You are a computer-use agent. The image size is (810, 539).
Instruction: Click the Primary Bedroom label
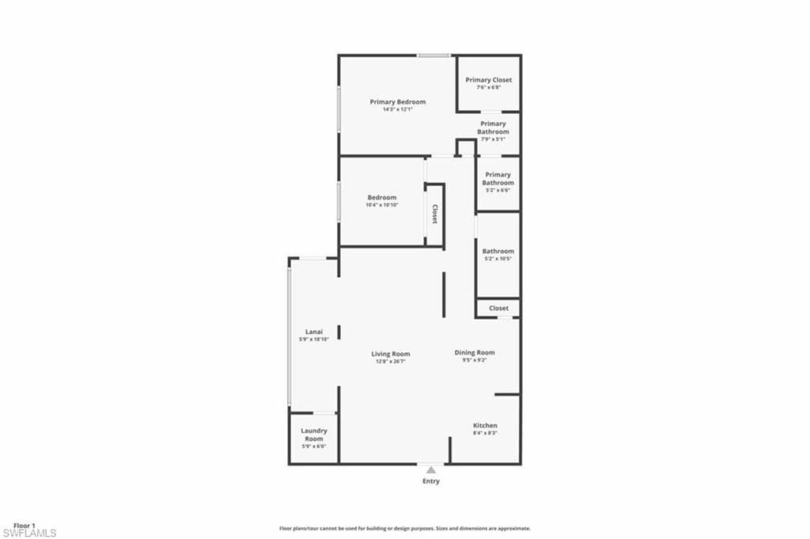pyautogui.click(x=398, y=102)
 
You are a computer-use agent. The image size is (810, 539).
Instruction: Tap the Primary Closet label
pyautogui.click(x=488, y=80)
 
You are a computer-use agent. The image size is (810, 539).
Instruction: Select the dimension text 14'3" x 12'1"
pyautogui.click(x=398, y=109)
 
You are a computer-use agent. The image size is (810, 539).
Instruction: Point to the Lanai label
pyautogui.click(x=314, y=332)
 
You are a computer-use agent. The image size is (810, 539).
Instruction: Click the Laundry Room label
pyautogui.click(x=314, y=435)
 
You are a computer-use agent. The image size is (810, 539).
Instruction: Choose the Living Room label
pyautogui.click(x=391, y=354)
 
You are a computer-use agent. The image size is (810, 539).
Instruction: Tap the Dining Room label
pyautogui.click(x=475, y=352)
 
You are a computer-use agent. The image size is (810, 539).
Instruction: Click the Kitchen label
pyautogui.click(x=485, y=426)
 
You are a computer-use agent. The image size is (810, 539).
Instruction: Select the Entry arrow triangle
pyautogui.click(x=430, y=470)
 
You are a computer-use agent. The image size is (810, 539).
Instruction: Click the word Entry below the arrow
pyautogui.click(x=430, y=481)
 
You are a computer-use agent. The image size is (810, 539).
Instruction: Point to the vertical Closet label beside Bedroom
pyautogui.click(x=434, y=214)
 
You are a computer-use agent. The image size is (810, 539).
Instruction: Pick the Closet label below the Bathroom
pyautogui.click(x=499, y=308)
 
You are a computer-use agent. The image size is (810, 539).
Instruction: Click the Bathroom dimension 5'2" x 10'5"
pyautogui.click(x=498, y=259)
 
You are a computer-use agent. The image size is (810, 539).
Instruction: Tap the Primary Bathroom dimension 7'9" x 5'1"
pyautogui.click(x=493, y=139)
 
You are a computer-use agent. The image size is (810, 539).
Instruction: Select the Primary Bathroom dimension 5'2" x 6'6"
pyautogui.click(x=498, y=190)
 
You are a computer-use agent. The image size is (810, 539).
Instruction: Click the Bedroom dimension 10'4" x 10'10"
pyautogui.click(x=382, y=205)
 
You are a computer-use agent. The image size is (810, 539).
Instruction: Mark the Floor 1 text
pyautogui.click(x=25, y=526)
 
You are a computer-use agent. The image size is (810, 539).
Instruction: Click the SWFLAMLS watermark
pyautogui.click(x=30, y=533)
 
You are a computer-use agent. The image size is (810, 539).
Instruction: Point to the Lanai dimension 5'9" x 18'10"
pyautogui.click(x=314, y=340)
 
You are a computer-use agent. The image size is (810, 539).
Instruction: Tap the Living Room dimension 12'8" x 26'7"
pyautogui.click(x=391, y=361)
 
